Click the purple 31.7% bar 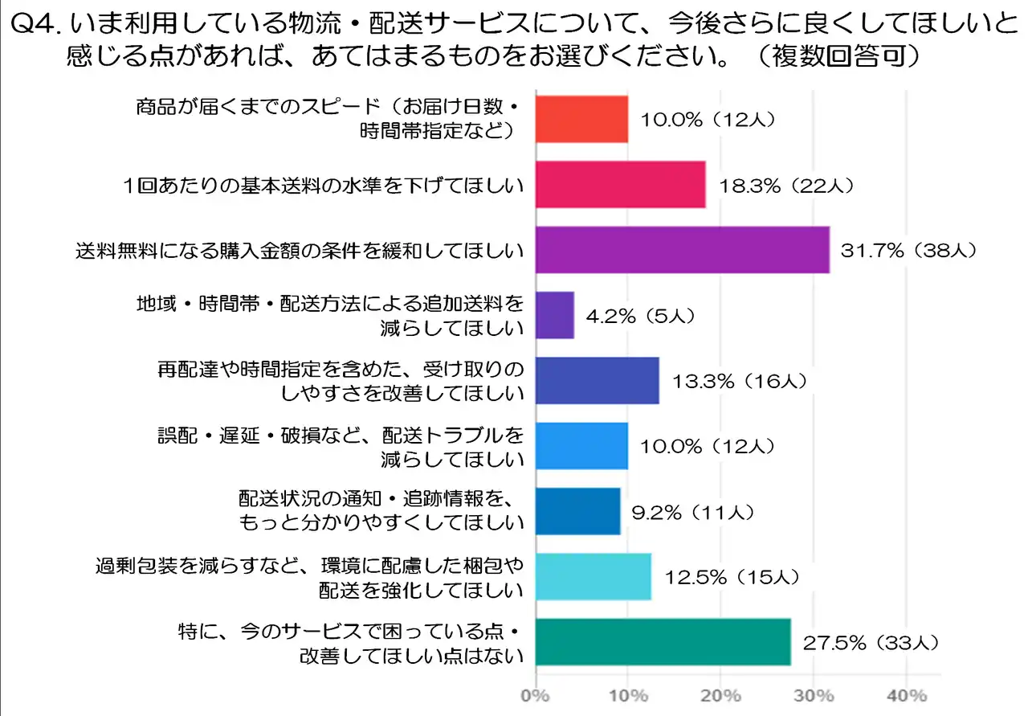682,250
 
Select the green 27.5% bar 663,642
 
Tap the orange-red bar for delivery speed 581,119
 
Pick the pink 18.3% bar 620,185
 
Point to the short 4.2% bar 554,316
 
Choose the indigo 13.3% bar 597,381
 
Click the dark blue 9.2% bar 577,511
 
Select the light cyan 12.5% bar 593,576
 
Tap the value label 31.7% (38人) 908,251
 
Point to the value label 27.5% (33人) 870,642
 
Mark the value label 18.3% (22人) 785,185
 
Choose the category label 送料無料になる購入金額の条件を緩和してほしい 300,251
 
